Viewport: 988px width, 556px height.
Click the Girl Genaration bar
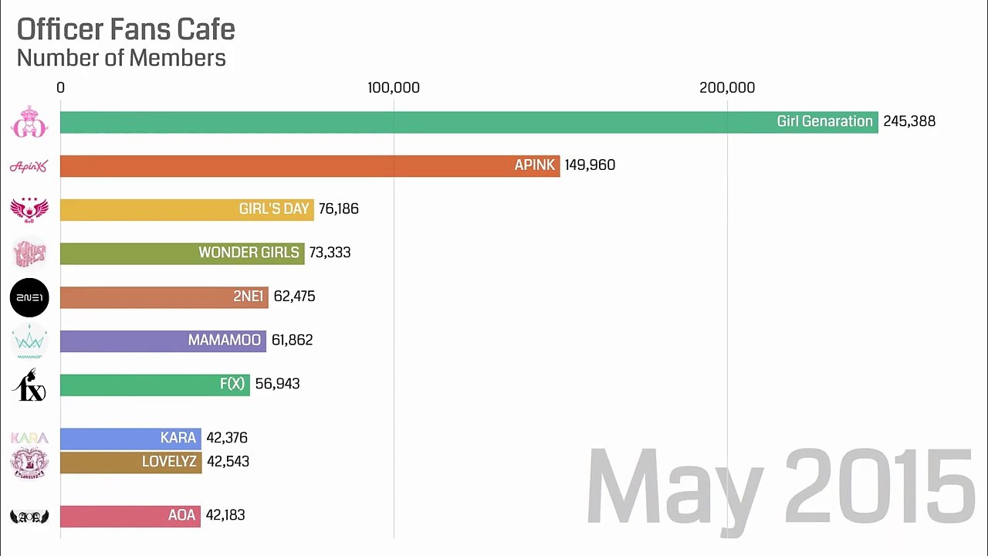pyautogui.click(x=463, y=122)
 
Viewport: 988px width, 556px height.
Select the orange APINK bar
pyautogui.click(x=309, y=165)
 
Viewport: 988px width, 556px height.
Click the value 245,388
pyautogui.click(x=909, y=121)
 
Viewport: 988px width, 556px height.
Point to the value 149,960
pyautogui.click(x=590, y=165)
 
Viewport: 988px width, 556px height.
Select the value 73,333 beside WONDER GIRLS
pyautogui.click(x=330, y=253)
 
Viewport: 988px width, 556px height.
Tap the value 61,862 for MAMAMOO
pyautogui.click(x=292, y=340)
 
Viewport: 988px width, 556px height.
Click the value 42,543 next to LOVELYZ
pyautogui.click(x=228, y=462)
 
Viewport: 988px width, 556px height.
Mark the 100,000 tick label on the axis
pyautogui.click(x=394, y=88)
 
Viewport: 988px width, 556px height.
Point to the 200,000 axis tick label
pyautogui.click(x=727, y=88)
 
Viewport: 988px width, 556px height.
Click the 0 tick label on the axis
pyautogui.click(x=61, y=88)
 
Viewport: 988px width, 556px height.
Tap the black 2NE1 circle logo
pyautogui.click(x=29, y=297)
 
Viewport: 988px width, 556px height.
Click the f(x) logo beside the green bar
pyautogui.click(x=29, y=385)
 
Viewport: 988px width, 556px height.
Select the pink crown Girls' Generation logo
pyautogui.click(x=29, y=122)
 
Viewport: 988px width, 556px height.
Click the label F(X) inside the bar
pyautogui.click(x=232, y=384)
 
